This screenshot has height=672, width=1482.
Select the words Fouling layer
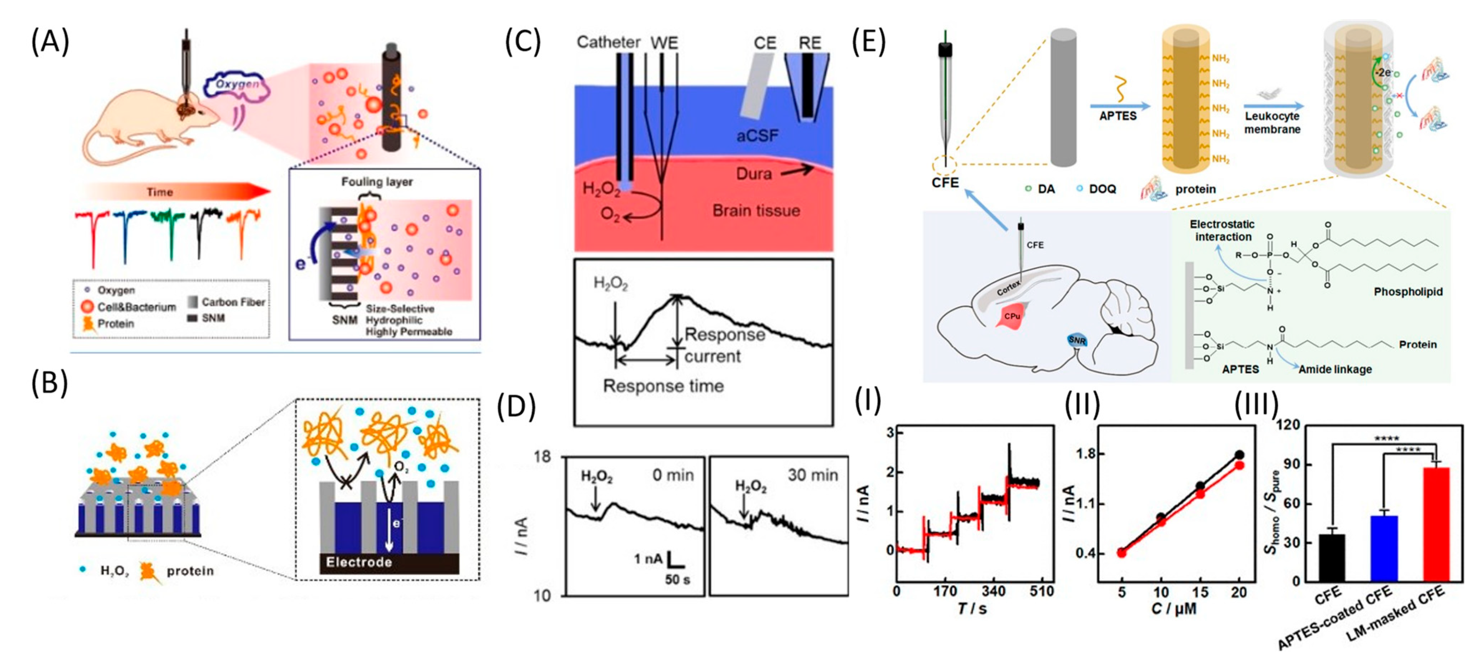(x=377, y=182)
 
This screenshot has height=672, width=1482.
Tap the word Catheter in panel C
(x=608, y=43)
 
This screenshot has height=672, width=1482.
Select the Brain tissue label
(x=756, y=211)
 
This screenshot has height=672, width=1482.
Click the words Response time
(x=663, y=386)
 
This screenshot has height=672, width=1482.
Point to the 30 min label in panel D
(x=812, y=475)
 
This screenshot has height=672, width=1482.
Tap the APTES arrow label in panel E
(x=1117, y=116)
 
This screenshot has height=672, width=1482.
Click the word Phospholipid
(x=1408, y=292)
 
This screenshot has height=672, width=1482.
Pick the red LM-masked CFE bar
(x=1436, y=523)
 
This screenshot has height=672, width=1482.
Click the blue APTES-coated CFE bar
(x=1384, y=547)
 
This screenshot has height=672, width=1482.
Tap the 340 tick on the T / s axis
(x=994, y=591)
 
